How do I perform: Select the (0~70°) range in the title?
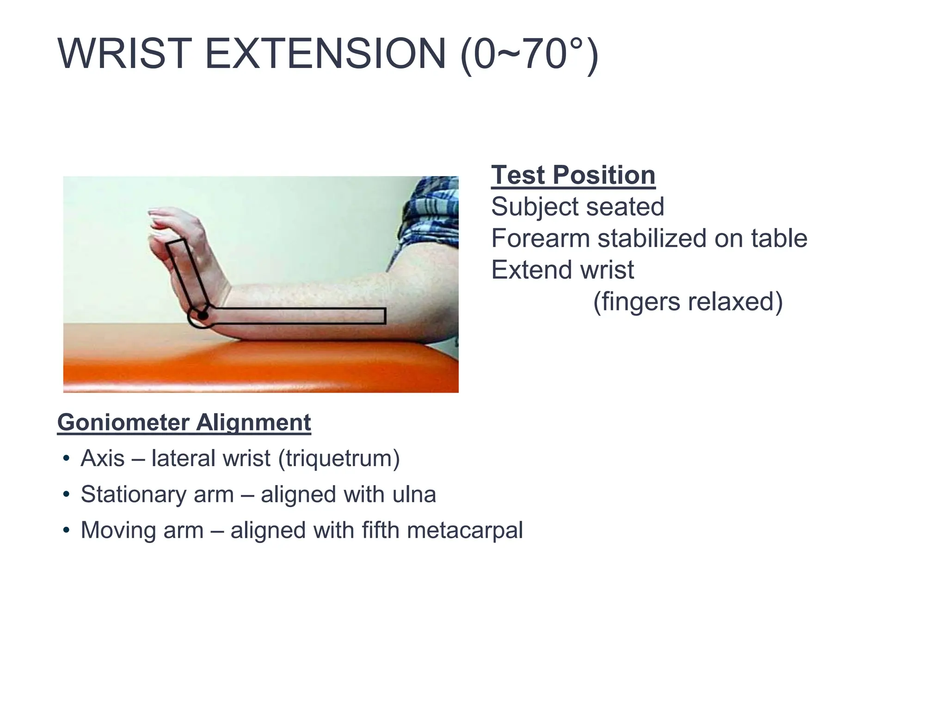tap(529, 55)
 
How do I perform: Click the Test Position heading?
tap(573, 175)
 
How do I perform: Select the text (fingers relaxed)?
tap(688, 301)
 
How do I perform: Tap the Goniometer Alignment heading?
tap(184, 422)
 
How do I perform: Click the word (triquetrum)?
tap(338, 458)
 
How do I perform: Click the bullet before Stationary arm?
tap(67, 494)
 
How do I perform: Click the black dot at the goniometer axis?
tap(203, 316)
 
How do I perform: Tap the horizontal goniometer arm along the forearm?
tap(301, 316)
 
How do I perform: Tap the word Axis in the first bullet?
tap(103, 458)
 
